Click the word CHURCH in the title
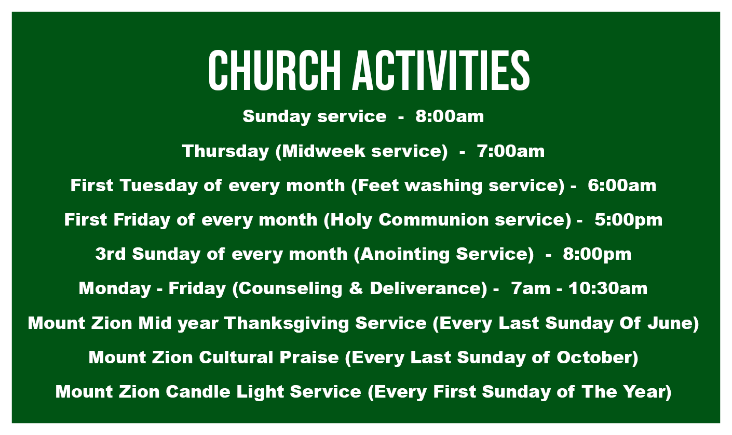[275, 70]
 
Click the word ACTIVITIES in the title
[441, 70]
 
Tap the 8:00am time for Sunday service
[450, 116]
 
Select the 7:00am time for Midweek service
[511, 151]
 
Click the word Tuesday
[159, 186]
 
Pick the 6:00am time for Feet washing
[622, 186]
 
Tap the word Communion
[433, 220]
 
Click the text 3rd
[111, 254]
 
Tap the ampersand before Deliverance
[356, 288]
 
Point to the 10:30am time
[608, 288]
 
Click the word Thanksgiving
[287, 323]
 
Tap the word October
[594, 357]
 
